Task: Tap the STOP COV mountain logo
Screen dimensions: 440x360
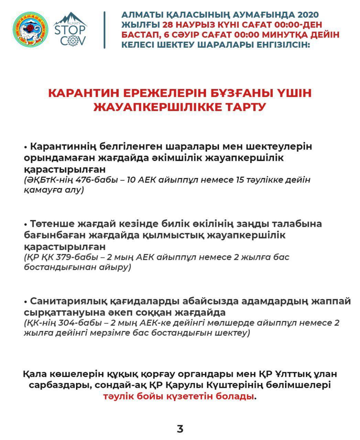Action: [x=70, y=30]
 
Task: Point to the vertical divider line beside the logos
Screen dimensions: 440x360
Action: [x=105, y=30]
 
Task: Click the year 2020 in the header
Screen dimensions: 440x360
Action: [x=308, y=15]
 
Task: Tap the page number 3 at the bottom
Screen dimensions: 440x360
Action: [x=180, y=429]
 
